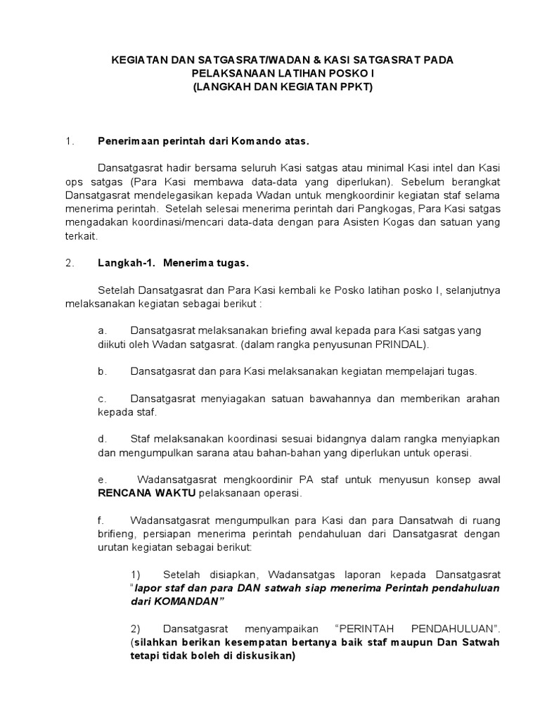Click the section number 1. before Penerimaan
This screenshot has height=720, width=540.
click(69, 141)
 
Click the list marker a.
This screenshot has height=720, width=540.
click(102, 330)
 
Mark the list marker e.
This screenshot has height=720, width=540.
click(102, 479)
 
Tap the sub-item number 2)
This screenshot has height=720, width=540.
click(137, 628)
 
